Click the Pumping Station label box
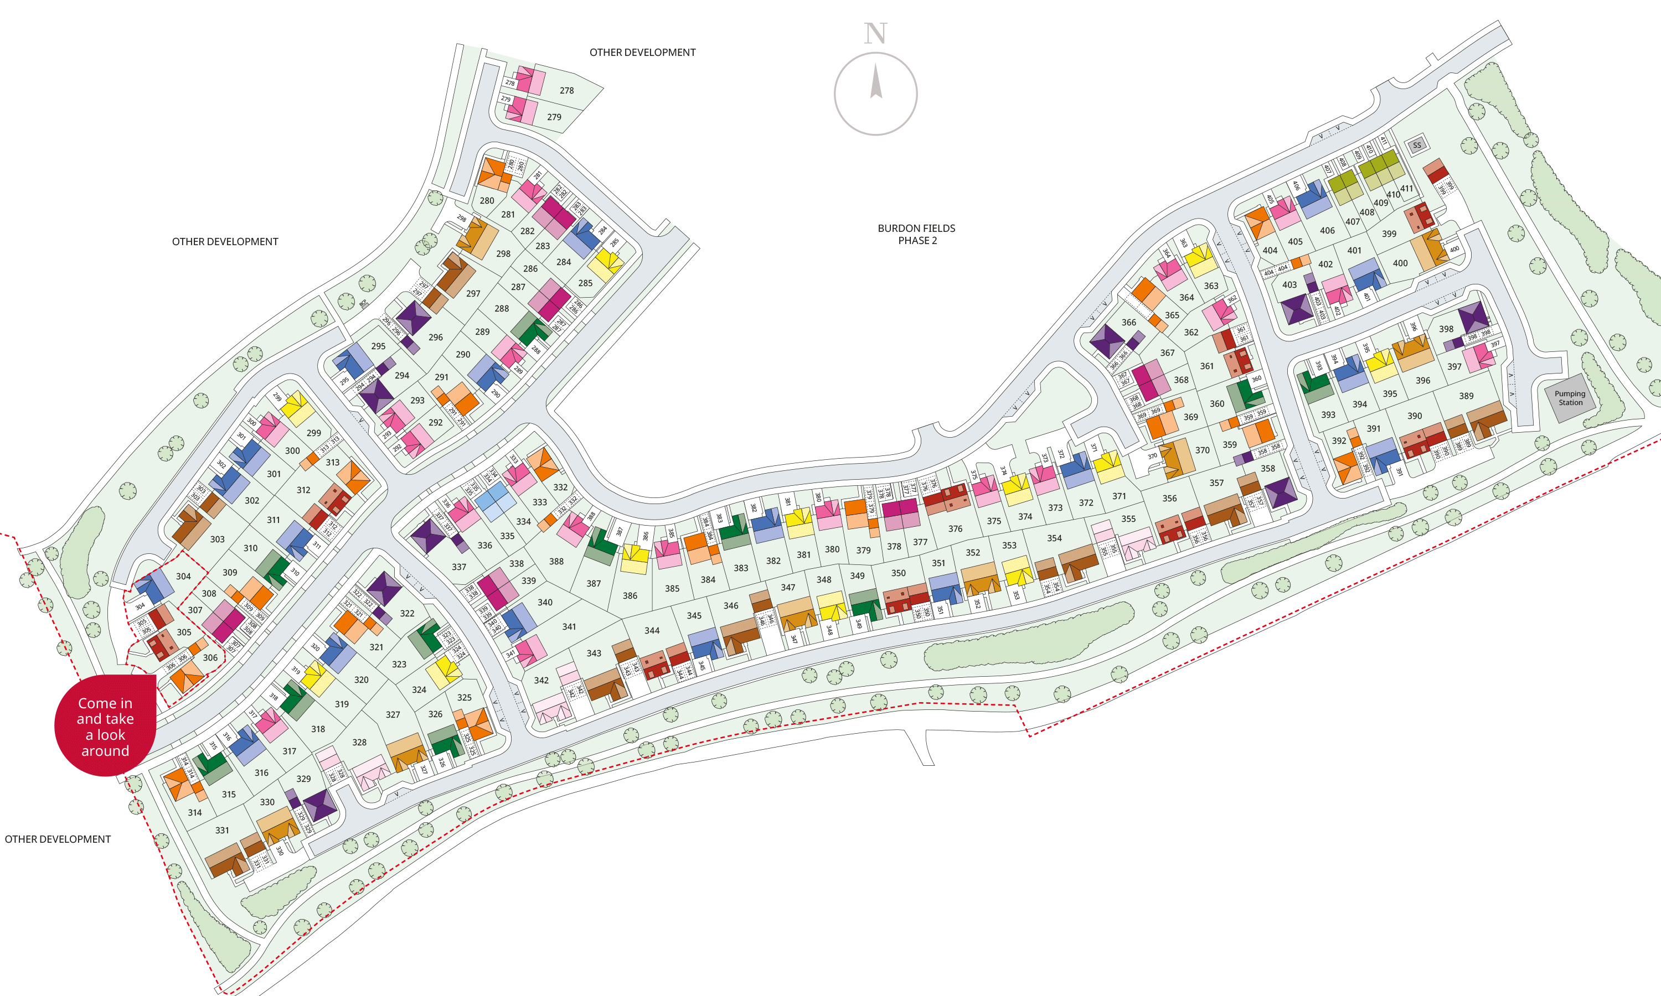1569,398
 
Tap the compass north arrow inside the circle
875,82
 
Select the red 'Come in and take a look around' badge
105,726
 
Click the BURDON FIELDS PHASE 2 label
916,234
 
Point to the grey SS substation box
1417,145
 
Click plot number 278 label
566,91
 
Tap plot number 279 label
554,117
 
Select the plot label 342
541,681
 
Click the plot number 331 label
222,830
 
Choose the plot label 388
556,562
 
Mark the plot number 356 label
1169,499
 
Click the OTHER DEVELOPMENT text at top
642,53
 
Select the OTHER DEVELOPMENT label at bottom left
58,839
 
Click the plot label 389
1466,397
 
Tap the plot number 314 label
195,813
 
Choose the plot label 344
652,631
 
